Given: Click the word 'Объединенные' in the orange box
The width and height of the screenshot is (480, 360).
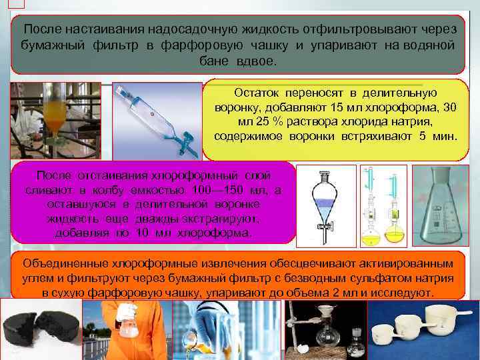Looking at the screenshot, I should [x=60, y=263].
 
